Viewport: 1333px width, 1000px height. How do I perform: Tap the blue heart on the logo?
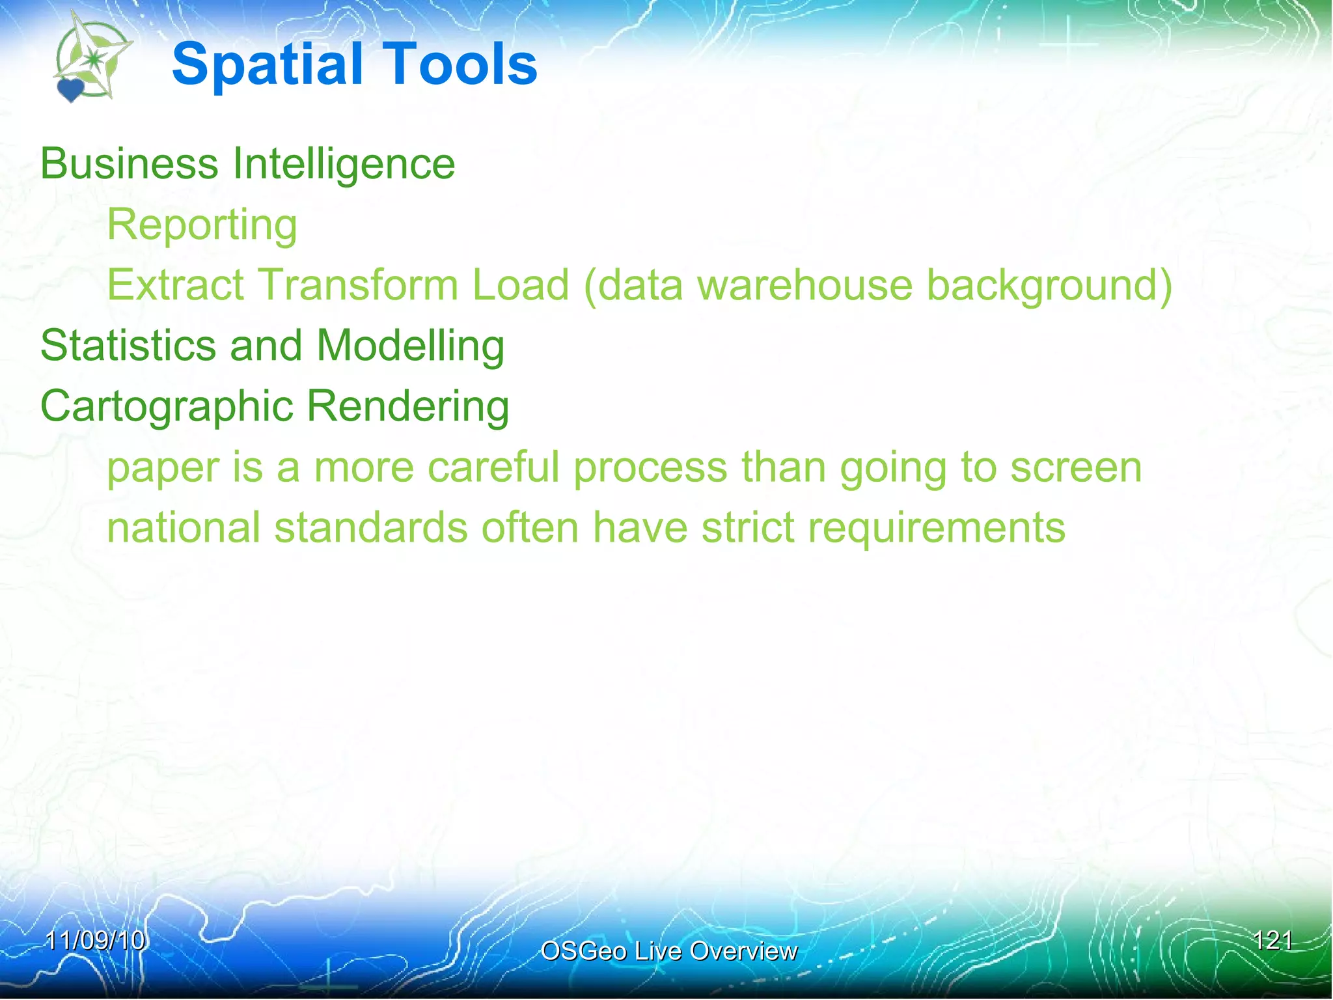(70, 90)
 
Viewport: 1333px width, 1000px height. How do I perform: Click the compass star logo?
(94, 59)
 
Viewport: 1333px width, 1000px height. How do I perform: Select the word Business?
(129, 163)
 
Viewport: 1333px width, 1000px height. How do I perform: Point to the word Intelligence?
(344, 165)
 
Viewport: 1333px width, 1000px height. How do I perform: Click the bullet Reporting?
(202, 225)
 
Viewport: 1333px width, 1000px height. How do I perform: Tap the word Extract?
(176, 285)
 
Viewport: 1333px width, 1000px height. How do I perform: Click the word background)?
(1049, 286)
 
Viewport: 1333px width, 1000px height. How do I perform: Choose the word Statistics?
(128, 345)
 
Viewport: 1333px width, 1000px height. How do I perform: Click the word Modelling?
(410, 346)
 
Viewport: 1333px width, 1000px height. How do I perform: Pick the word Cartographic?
(167, 407)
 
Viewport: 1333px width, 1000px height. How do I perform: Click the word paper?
(163, 469)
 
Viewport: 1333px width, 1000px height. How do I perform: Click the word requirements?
(936, 529)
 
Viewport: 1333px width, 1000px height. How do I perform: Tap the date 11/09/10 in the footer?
(95, 940)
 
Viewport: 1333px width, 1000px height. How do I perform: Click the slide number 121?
(1272, 940)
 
